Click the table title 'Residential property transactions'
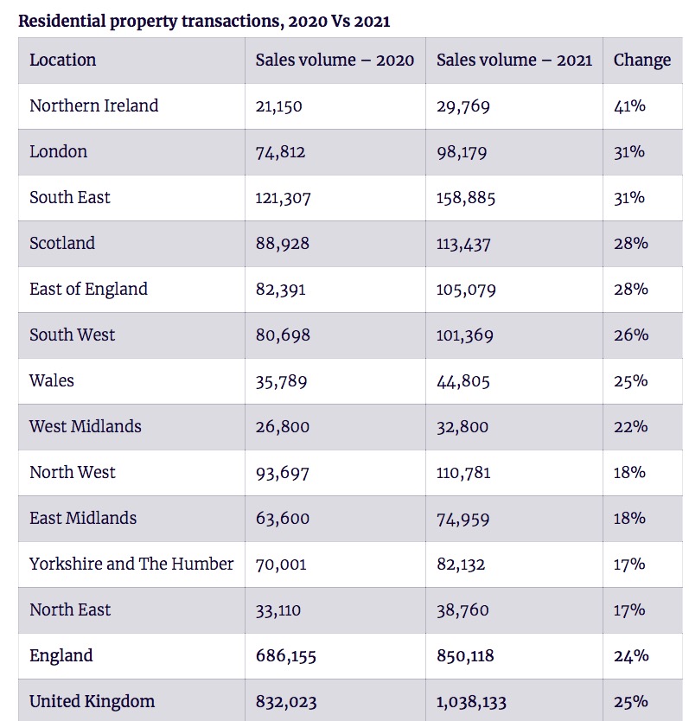pos(204,21)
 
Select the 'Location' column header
pos(62,61)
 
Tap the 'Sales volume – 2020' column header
pos(335,61)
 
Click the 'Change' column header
pos(641,61)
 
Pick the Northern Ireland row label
pos(93,106)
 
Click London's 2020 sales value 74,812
pos(280,152)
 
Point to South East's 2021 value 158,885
pos(466,198)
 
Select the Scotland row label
pos(62,244)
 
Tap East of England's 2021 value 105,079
pos(466,290)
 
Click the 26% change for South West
pos(630,335)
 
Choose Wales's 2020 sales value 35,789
pos(281,381)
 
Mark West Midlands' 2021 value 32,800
pos(463,427)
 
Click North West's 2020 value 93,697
pos(282,473)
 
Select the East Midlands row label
pos(83,519)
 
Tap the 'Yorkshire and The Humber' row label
pos(131,565)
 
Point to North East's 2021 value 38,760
pos(463,610)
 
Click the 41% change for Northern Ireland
pos(629,106)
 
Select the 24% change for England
pos(630,656)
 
